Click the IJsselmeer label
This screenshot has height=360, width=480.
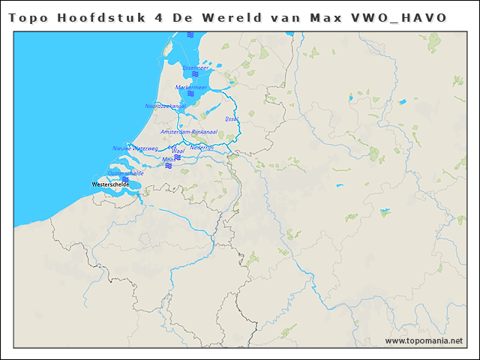tap(196, 67)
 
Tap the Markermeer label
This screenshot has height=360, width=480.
tap(191, 87)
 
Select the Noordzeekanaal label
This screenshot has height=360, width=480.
tap(165, 106)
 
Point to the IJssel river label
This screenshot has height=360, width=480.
tap(232, 118)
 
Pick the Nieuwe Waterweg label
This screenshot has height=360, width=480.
tap(135, 148)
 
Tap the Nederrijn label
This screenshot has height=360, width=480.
tap(202, 148)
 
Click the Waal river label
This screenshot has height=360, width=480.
tap(178, 151)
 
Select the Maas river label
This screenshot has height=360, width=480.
tap(169, 159)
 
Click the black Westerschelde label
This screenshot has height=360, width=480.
tap(110, 184)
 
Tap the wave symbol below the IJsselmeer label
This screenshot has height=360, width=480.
tap(195, 74)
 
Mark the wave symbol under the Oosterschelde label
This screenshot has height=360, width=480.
tap(124, 179)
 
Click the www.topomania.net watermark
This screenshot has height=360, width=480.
tap(424, 340)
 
